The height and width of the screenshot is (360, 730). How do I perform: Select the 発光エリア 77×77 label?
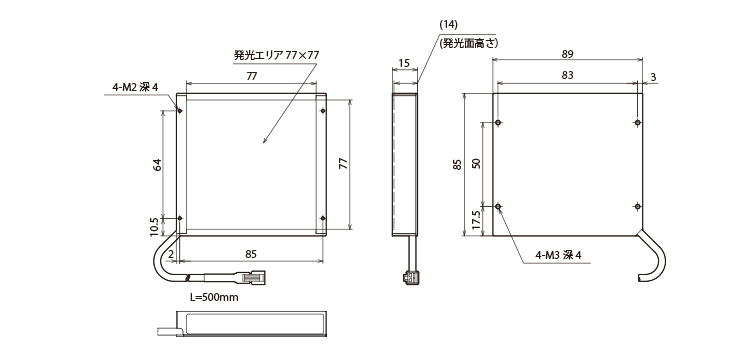point(276,55)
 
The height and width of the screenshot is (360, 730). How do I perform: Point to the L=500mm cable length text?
point(214,297)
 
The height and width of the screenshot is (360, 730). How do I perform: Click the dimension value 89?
point(568,54)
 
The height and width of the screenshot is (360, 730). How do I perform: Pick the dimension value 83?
point(568,75)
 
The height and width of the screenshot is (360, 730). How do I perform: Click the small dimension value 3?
point(654,77)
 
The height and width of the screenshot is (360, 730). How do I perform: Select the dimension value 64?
point(157,164)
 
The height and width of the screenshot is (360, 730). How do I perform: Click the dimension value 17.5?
point(475,220)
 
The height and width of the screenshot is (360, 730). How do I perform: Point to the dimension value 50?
point(475,163)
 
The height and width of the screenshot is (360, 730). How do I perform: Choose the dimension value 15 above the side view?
point(404,63)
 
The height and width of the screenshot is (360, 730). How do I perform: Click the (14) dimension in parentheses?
point(448,24)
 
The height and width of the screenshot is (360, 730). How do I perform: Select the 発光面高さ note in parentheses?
point(469,43)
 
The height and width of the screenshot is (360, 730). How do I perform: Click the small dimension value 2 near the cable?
point(171,254)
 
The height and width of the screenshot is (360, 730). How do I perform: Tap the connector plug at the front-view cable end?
point(251,277)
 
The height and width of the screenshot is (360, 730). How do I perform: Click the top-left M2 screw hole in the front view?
point(180,110)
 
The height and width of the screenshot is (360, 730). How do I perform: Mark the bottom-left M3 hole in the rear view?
point(498,206)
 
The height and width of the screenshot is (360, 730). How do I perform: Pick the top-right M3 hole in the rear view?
point(637,122)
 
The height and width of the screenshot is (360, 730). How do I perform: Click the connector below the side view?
point(410,278)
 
